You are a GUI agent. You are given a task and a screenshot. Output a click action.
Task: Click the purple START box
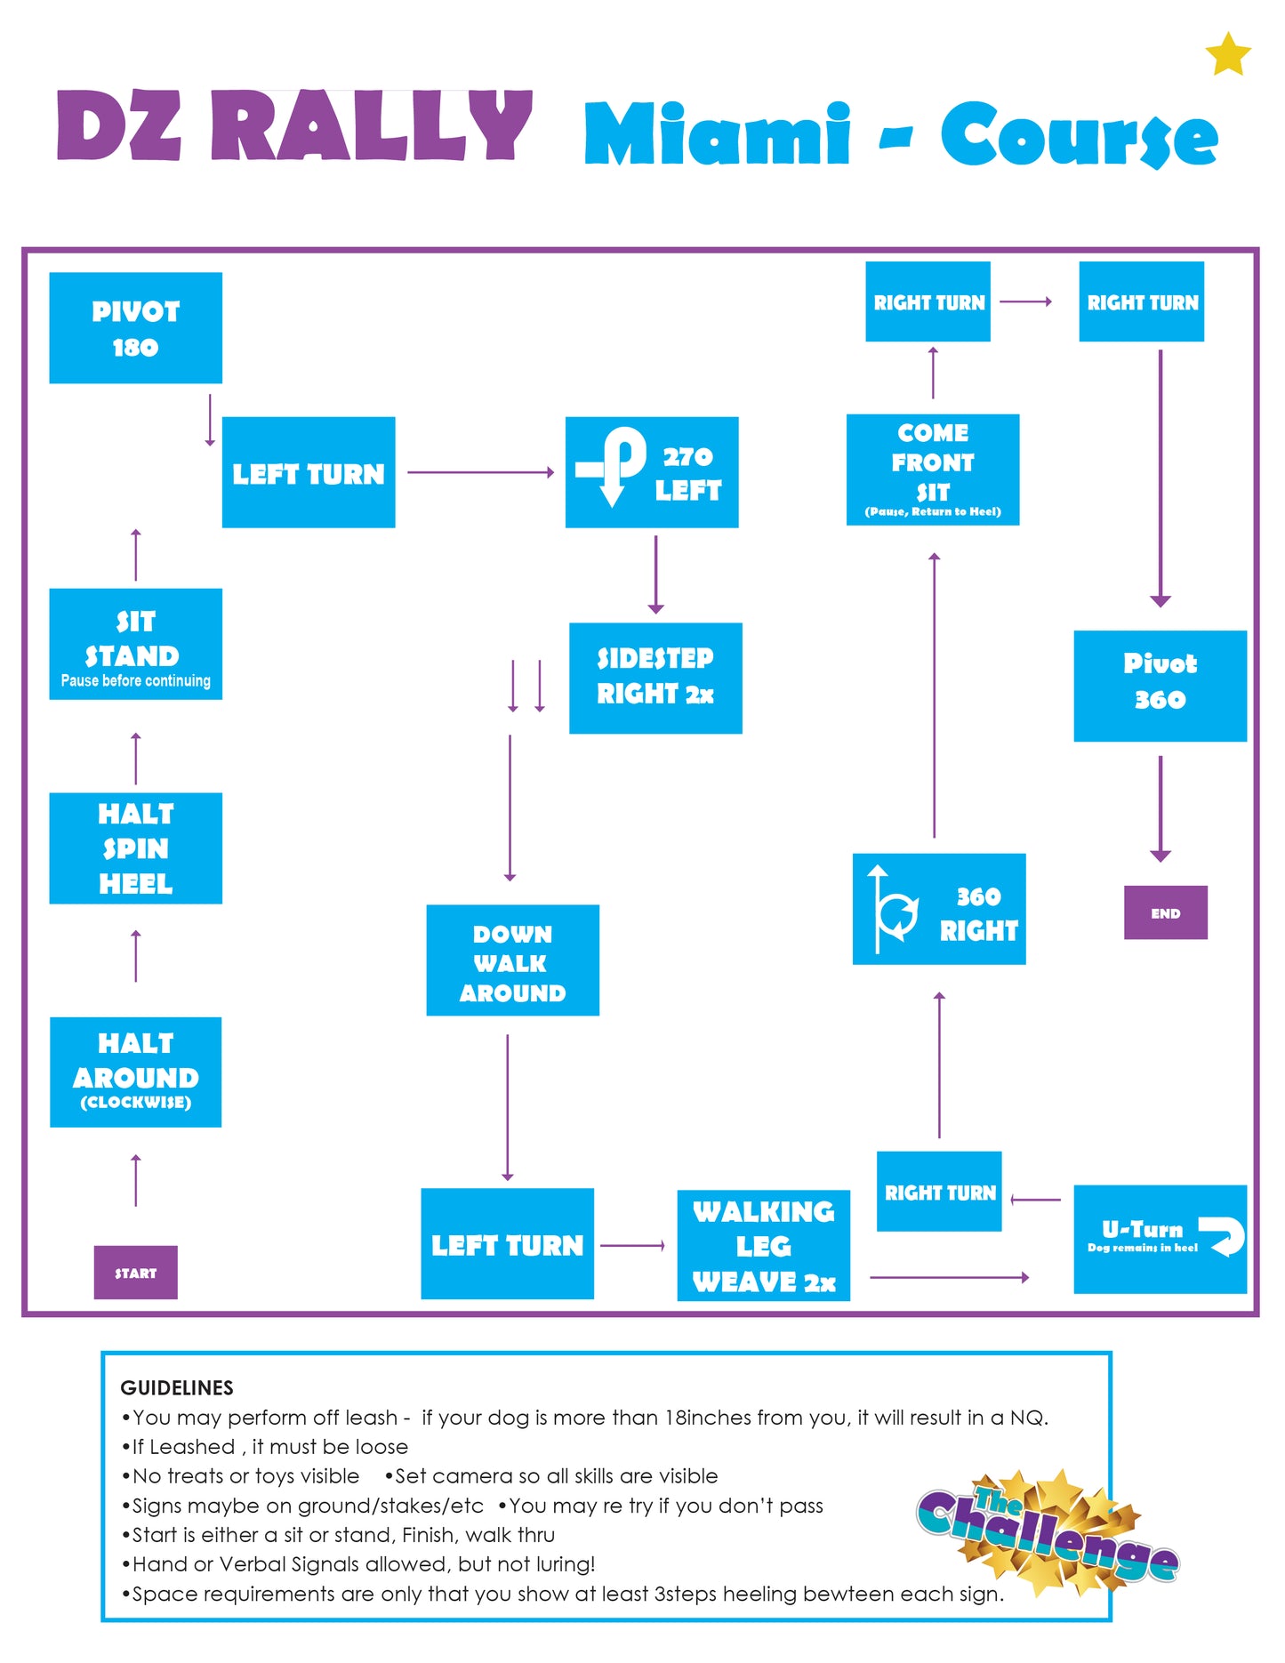135,1272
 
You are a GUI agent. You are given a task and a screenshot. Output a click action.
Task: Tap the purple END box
1165,912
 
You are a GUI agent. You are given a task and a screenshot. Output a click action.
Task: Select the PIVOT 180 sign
135,328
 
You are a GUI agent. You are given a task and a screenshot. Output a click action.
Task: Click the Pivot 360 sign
1160,686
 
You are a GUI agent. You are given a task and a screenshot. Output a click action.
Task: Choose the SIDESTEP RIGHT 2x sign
655,678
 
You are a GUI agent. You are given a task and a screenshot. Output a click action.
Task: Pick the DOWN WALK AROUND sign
512,960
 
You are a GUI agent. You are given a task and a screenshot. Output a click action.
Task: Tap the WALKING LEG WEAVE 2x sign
763,1245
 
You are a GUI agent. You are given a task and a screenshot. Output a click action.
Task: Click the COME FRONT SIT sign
933,470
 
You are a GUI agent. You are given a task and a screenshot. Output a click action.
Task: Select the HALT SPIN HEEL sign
135,848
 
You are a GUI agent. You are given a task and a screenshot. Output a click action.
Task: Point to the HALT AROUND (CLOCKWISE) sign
135,1073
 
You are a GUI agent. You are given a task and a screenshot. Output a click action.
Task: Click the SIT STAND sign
135,644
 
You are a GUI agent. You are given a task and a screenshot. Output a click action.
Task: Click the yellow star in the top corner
1228,54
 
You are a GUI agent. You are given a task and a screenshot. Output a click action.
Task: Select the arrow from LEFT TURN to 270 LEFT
480,472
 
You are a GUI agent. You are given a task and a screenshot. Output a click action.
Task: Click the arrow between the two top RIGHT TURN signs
1025,301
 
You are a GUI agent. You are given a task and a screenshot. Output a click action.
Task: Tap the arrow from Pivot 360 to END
1160,808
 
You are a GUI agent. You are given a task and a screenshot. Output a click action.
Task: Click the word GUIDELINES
177,1387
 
